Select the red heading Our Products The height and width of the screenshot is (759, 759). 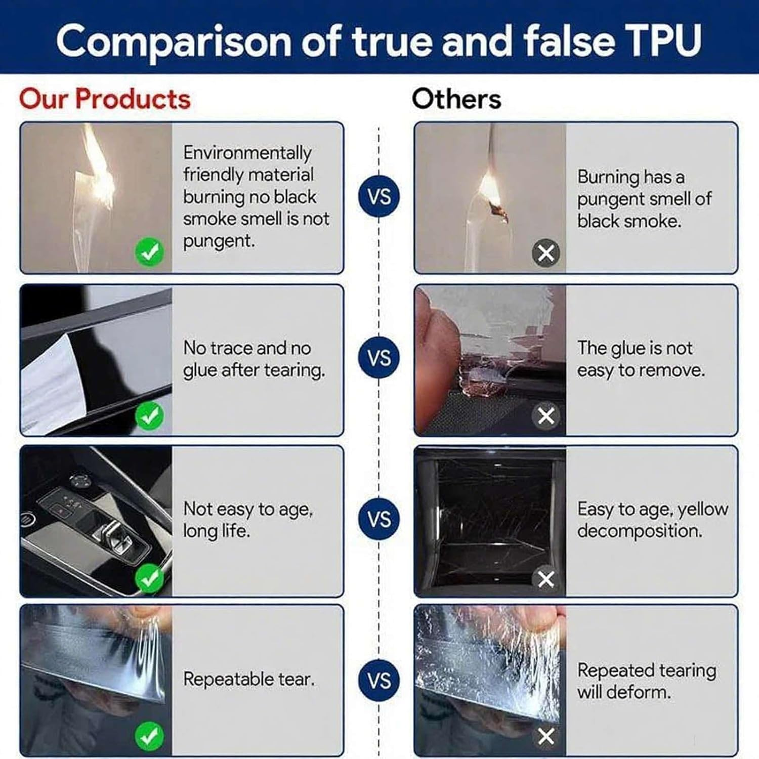105,99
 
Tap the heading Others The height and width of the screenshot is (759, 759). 456,99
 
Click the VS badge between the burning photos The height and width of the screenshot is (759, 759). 379,196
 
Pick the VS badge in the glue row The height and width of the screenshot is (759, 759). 379,358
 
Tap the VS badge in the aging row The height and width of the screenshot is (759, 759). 379,519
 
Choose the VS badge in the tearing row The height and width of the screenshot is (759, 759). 379,681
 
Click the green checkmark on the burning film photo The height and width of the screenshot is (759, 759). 149,251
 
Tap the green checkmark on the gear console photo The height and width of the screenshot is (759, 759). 149,578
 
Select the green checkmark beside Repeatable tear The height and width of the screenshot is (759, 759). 149,736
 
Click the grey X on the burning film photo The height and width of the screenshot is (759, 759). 546,252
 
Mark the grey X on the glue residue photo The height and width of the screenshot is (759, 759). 546,416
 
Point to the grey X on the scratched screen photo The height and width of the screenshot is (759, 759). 546,579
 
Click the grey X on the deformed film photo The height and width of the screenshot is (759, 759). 546,736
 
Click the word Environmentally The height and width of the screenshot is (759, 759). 247,153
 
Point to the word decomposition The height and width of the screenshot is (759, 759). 640,531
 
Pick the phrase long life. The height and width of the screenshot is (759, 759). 217,531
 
